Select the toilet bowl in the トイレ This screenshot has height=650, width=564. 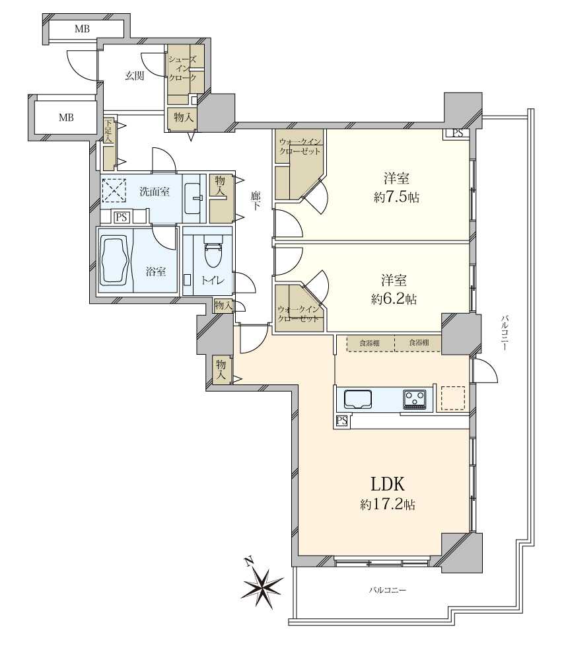tap(213, 254)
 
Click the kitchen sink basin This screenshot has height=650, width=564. tap(357, 399)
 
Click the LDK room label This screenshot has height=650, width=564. tap(388, 484)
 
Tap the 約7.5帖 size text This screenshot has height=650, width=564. tap(396, 198)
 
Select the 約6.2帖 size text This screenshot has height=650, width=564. tap(394, 299)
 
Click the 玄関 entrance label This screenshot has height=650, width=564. tap(135, 76)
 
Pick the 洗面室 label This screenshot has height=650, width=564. tap(155, 192)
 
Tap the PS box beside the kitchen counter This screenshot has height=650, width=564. tap(342, 421)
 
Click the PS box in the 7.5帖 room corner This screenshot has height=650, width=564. tap(458, 133)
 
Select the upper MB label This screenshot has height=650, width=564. tap(82, 29)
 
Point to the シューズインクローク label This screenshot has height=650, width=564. tap(182, 68)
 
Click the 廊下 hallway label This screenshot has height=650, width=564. tap(256, 200)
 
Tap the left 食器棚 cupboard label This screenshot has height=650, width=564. tap(369, 343)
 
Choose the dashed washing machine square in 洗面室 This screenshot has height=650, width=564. tap(114, 190)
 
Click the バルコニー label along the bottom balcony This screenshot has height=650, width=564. tap(388, 589)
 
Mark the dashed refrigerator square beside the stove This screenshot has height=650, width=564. tap(452, 398)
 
